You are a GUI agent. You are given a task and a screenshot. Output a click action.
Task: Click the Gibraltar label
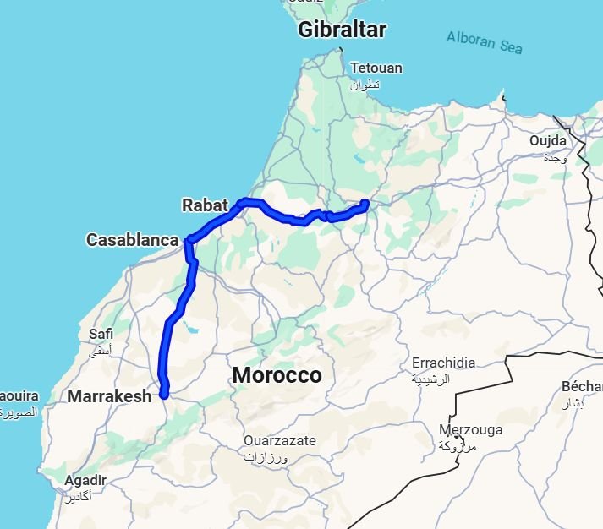coord(342,30)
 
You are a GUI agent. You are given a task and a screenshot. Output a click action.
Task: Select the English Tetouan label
coord(376,68)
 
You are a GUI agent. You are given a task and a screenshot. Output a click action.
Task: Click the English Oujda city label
coord(548,140)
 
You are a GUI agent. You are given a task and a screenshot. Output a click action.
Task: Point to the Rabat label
coord(205,205)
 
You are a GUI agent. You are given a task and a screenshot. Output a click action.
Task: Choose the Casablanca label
coord(133,240)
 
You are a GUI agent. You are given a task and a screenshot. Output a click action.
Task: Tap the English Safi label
coord(101,334)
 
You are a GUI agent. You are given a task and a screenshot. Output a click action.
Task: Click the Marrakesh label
coord(109,395)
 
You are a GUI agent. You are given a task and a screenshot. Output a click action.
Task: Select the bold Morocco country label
coord(277,375)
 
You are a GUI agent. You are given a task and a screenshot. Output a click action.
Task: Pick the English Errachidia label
coord(443,363)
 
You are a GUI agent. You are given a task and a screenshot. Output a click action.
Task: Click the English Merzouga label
coord(470,429)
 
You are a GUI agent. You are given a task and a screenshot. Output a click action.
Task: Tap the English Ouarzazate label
coord(280,440)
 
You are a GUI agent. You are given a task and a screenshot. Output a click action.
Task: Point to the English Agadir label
coord(85,480)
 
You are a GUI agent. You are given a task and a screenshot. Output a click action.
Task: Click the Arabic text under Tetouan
coord(365,85)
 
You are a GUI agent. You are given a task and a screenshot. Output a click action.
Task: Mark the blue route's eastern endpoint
coord(365,202)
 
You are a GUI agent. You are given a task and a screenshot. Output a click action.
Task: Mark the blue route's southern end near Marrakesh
coord(165,392)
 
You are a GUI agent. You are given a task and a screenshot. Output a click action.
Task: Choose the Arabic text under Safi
coord(101,349)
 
